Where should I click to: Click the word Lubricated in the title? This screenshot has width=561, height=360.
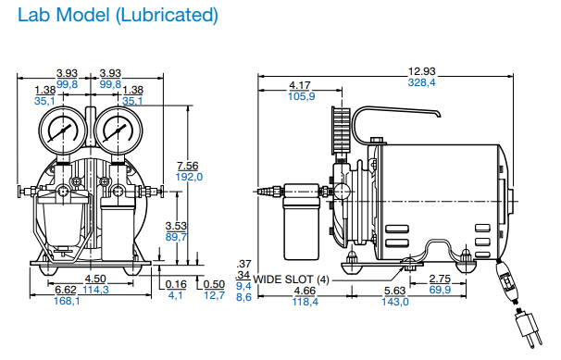click(167, 16)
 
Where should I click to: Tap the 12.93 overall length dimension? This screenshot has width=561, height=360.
click(422, 71)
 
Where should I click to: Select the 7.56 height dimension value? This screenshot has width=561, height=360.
click(188, 166)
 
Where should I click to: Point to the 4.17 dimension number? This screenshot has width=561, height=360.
click(300, 85)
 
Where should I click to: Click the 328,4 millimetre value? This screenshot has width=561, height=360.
click(422, 82)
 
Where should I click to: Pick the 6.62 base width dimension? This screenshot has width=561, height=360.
click(66, 290)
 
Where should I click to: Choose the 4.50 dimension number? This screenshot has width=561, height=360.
click(95, 279)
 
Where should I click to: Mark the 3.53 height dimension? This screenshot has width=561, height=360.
click(176, 226)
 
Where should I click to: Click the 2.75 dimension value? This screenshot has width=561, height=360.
click(440, 279)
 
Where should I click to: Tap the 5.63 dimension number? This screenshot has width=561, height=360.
click(395, 291)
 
